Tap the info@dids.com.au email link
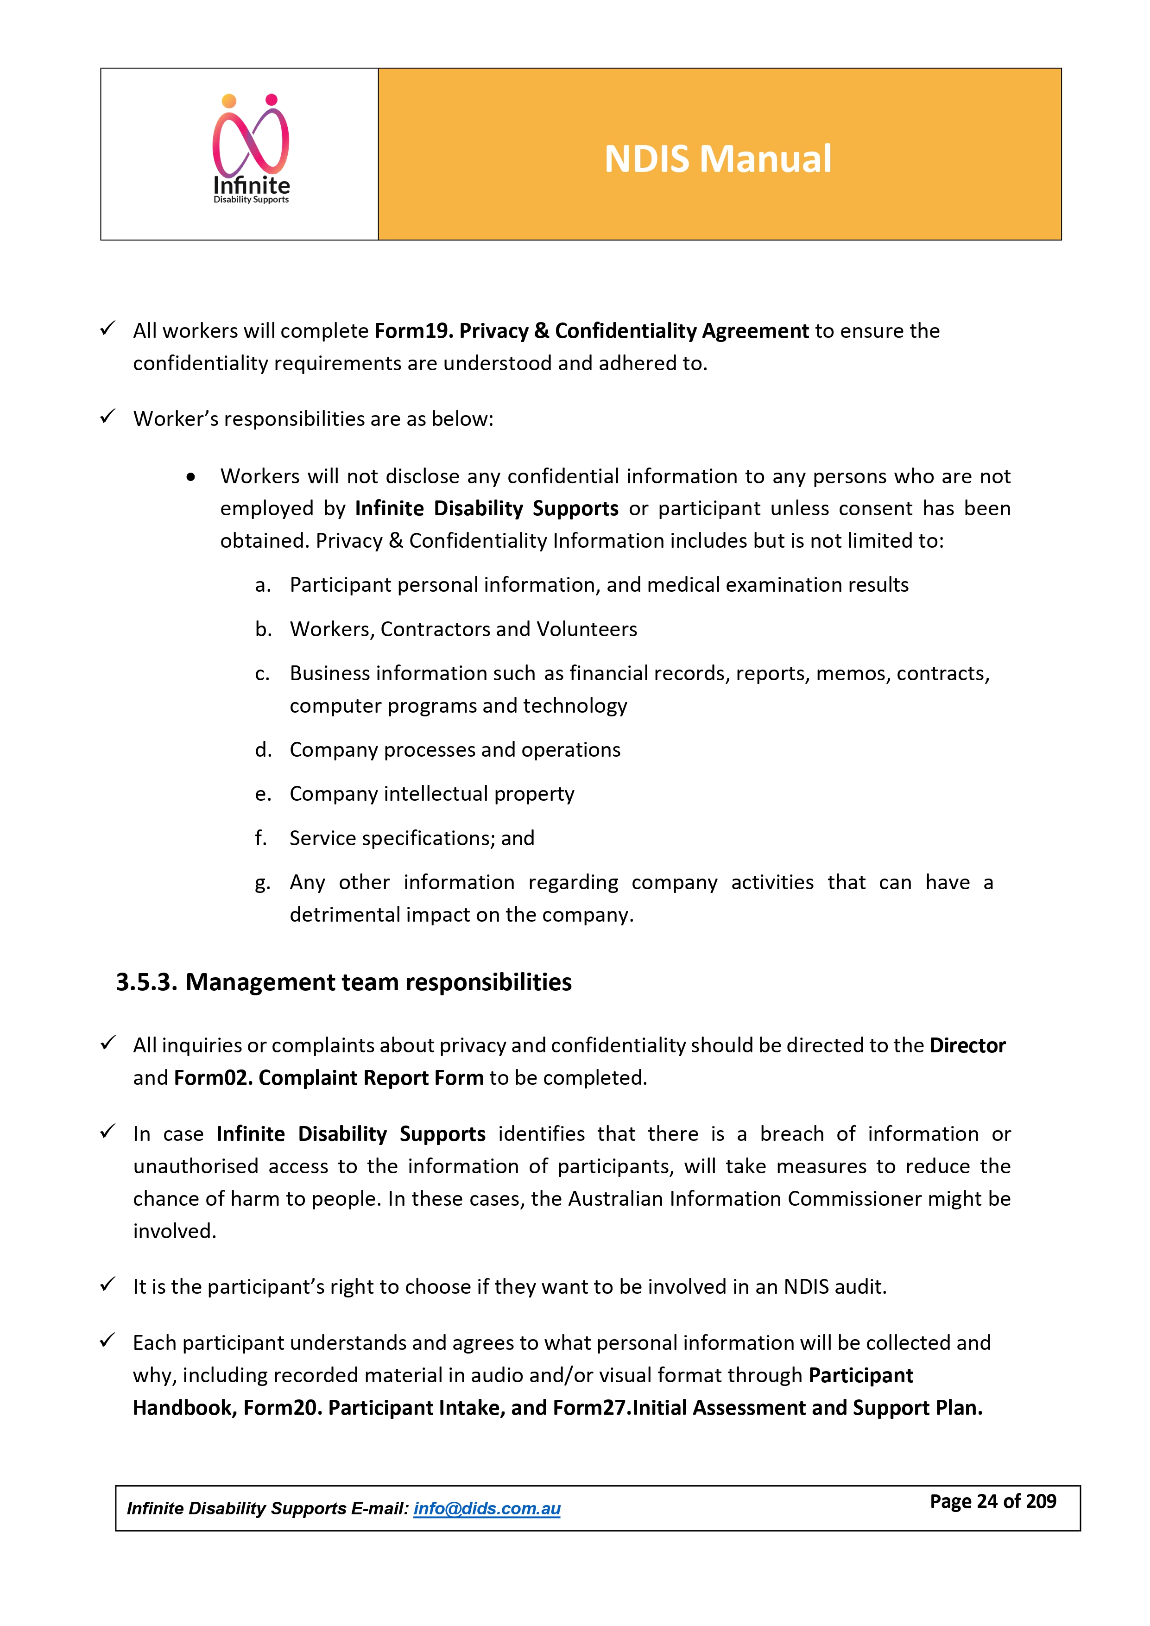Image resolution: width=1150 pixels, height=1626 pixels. coord(487,1508)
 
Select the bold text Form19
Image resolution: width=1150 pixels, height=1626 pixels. coord(414,331)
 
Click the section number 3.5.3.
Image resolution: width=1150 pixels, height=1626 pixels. coord(146,982)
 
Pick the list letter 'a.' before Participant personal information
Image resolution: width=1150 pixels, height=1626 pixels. coord(263,585)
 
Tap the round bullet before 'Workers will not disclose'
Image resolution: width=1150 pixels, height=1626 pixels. coord(190,477)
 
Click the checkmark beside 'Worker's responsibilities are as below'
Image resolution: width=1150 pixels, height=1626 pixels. coord(107,417)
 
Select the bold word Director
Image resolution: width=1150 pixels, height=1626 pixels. coord(967,1045)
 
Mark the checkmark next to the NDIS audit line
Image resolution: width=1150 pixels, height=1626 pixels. coord(107,1284)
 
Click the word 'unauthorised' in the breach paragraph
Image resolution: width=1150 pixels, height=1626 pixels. coord(196,1166)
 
